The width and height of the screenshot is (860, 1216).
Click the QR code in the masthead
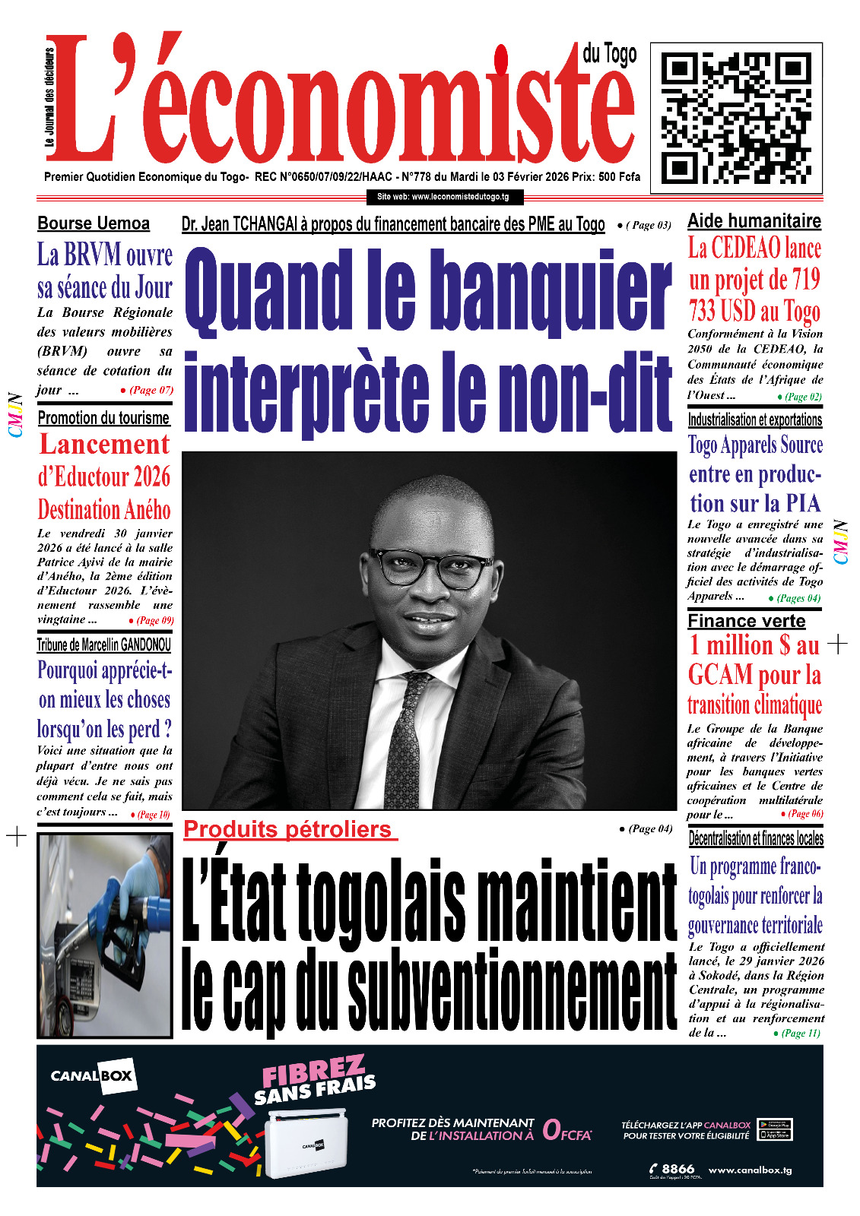pyautogui.click(x=736, y=118)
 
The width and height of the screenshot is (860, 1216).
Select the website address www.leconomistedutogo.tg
pyautogui.click(x=443, y=197)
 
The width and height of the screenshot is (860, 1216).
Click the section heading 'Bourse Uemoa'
pyautogui.click(x=94, y=223)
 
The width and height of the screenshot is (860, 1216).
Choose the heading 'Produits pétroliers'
pyautogui.click(x=288, y=829)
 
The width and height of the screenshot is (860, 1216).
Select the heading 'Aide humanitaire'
pyautogui.click(x=754, y=221)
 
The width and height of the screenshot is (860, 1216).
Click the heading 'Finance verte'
pyautogui.click(x=746, y=621)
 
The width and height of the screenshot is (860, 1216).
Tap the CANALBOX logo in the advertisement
pyautogui.click(x=92, y=1075)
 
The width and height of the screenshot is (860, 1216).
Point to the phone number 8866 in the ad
pyautogui.click(x=678, y=1169)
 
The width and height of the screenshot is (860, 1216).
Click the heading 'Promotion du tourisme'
pyautogui.click(x=103, y=418)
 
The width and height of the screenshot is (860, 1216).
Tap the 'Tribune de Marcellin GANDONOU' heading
pyautogui.click(x=104, y=645)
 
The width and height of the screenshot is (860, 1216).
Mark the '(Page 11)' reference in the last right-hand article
pyautogui.click(x=801, y=1033)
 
